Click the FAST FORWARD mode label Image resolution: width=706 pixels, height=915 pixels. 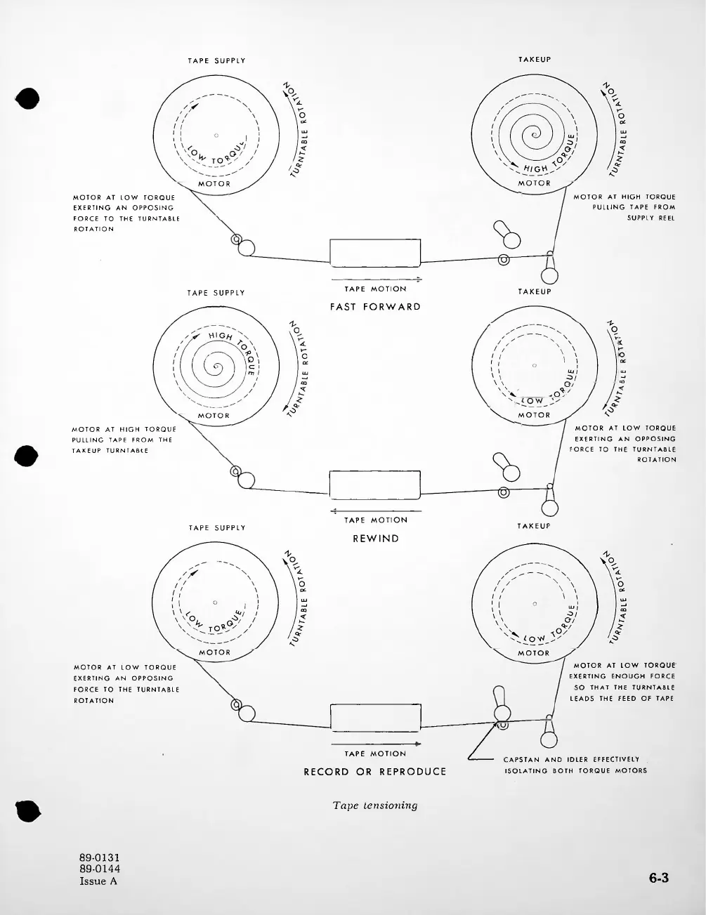click(375, 307)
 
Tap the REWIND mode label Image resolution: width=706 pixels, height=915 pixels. click(375, 539)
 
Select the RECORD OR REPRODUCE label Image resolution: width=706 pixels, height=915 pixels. click(374, 772)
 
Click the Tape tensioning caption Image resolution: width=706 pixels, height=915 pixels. click(375, 805)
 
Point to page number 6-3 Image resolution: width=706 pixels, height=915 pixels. click(658, 878)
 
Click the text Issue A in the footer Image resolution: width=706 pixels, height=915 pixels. click(98, 881)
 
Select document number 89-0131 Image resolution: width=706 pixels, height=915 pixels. click(100, 857)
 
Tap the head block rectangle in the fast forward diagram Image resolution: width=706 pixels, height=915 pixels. click(375, 253)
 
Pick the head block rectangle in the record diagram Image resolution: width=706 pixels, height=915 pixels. click(375, 718)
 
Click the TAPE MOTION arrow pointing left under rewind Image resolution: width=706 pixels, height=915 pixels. click(375, 511)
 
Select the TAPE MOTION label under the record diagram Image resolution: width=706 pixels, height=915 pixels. click(375, 753)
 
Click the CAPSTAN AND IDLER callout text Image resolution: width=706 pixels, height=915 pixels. click(575, 765)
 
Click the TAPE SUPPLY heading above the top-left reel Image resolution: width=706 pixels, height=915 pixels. click(216, 60)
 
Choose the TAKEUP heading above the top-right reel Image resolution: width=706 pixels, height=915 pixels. click(535, 60)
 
